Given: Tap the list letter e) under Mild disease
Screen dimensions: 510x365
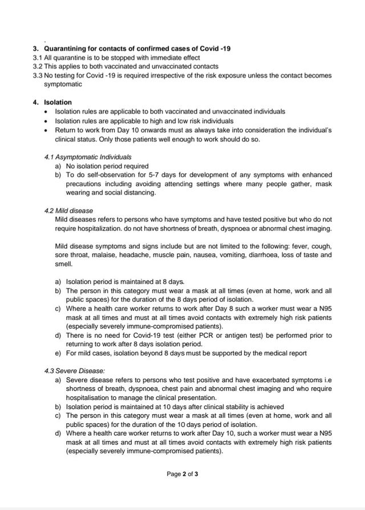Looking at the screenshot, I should [58, 354].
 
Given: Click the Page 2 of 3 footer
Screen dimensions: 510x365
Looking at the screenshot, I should [182, 473].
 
